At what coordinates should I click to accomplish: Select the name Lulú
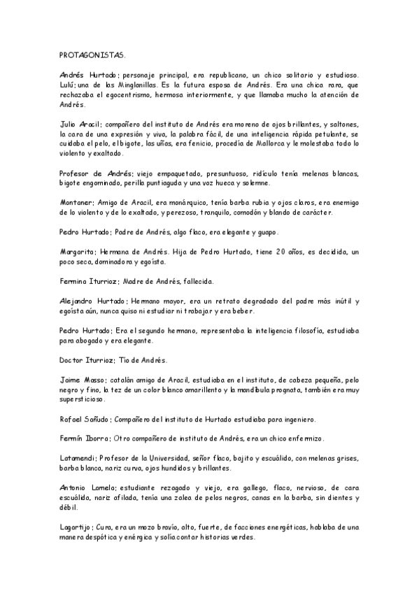coord(67,85)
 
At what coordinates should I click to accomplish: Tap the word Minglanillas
coord(139,85)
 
